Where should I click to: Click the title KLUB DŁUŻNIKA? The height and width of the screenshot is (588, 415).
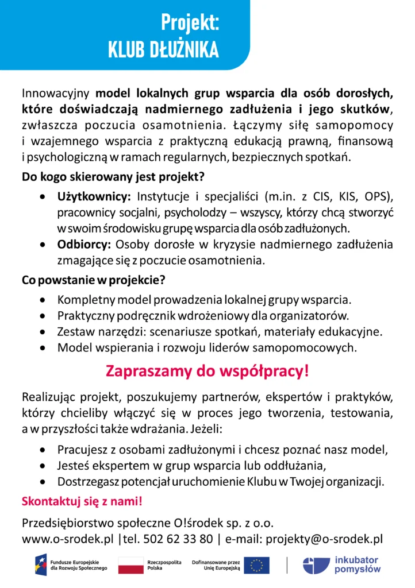[163, 51]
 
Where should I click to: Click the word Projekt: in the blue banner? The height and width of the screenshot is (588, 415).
[190, 24]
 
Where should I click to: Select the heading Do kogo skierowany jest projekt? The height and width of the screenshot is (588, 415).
[114, 176]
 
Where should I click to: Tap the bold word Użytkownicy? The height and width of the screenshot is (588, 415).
[94, 197]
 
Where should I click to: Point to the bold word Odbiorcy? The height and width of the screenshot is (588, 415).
[84, 244]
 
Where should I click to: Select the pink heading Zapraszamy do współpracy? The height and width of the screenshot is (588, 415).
[207, 371]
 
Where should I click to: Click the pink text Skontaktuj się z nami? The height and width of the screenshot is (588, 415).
[82, 501]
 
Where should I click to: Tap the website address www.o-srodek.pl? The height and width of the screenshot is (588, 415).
[68, 539]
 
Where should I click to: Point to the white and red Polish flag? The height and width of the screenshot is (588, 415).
[130, 565]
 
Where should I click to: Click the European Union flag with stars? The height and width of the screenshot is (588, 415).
[256, 565]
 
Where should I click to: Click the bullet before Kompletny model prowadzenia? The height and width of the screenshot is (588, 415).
[44, 300]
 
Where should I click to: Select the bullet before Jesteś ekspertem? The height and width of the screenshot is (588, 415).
[44, 465]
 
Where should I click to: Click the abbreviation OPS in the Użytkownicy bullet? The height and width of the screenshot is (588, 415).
[375, 197]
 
